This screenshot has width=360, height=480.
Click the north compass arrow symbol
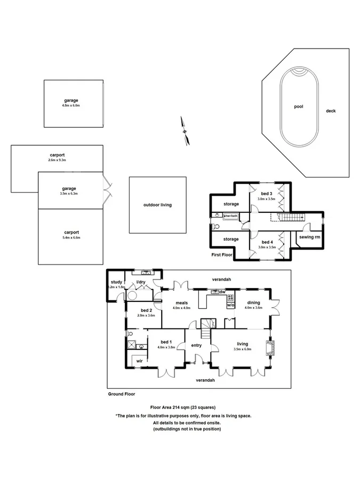[185, 131]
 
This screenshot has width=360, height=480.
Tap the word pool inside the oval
[299, 107]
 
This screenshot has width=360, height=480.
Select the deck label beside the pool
[331, 111]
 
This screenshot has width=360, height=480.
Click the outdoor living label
[157, 205]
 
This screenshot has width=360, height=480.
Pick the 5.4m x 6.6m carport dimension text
[71, 238]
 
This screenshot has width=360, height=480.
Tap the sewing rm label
[309, 237]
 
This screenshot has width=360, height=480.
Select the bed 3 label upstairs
[266, 193]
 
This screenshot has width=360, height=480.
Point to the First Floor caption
[222, 255]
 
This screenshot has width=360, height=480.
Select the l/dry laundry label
[141, 282]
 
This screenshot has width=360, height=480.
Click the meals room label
[181, 302]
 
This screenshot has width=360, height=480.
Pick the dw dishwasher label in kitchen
[222, 292]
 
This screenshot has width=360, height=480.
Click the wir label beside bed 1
[139, 361]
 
